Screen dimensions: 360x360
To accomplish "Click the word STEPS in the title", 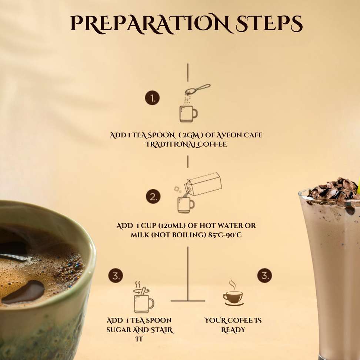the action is tap(269, 23).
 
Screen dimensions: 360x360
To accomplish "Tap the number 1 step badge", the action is tap(152, 98).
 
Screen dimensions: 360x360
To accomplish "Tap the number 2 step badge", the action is tap(153, 197).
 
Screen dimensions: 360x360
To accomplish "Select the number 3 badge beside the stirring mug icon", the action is tap(116, 276).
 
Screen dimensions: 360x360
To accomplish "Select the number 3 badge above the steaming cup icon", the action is tap(264, 275).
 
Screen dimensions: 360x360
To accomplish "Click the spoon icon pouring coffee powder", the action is tap(198, 90).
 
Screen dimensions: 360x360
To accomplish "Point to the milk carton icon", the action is tap(203, 184).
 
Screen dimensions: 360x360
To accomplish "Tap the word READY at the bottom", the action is tap(233, 330).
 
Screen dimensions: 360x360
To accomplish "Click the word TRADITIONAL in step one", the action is tap(171, 144).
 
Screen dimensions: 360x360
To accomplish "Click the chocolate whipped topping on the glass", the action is tap(334, 189).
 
